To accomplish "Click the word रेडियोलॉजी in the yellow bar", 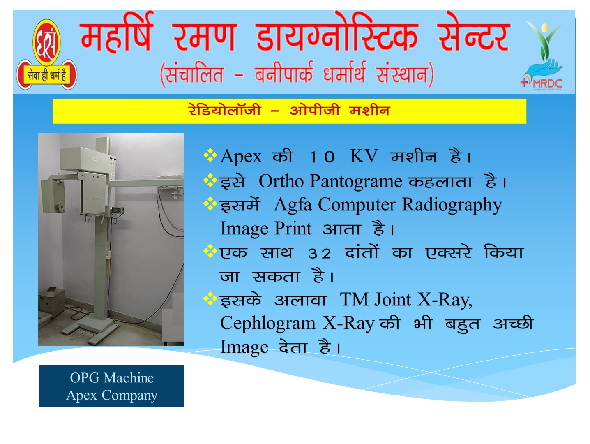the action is pos(225,110).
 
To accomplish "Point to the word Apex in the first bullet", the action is pos(241,156).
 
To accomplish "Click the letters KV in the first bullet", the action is pos(364,156).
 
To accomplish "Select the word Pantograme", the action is pos(356,181).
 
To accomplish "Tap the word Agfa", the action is pos(293,205).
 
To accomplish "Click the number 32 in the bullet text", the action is pos(319,254).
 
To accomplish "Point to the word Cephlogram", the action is pos(268,324).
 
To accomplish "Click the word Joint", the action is pos(393,300).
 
